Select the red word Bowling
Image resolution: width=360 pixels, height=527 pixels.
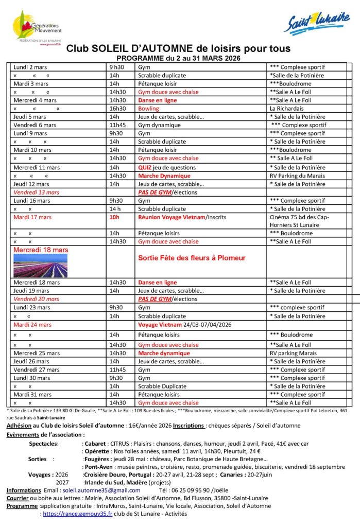point(148,109)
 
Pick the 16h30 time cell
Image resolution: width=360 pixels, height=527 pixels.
point(117,109)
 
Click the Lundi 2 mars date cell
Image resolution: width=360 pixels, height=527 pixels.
point(29,67)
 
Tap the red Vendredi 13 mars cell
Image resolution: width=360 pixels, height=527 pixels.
point(37,192)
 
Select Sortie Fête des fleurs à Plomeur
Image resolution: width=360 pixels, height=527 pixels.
point(191,258)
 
